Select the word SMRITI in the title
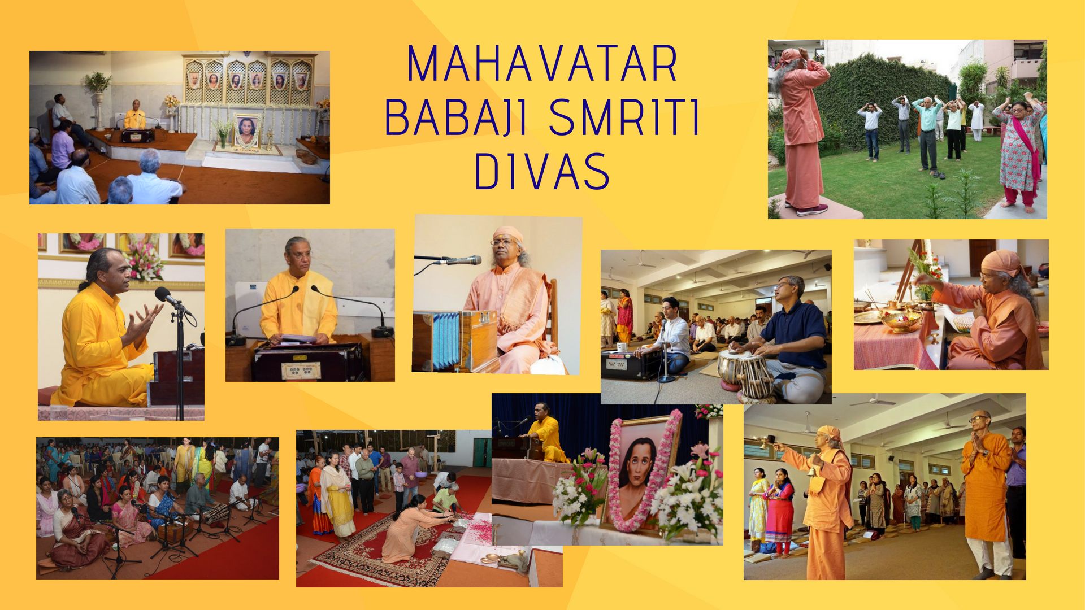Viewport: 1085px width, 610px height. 624,117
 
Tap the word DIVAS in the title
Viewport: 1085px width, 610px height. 542,171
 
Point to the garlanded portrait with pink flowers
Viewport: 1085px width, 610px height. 643,473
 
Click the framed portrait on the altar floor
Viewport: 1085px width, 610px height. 246,132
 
